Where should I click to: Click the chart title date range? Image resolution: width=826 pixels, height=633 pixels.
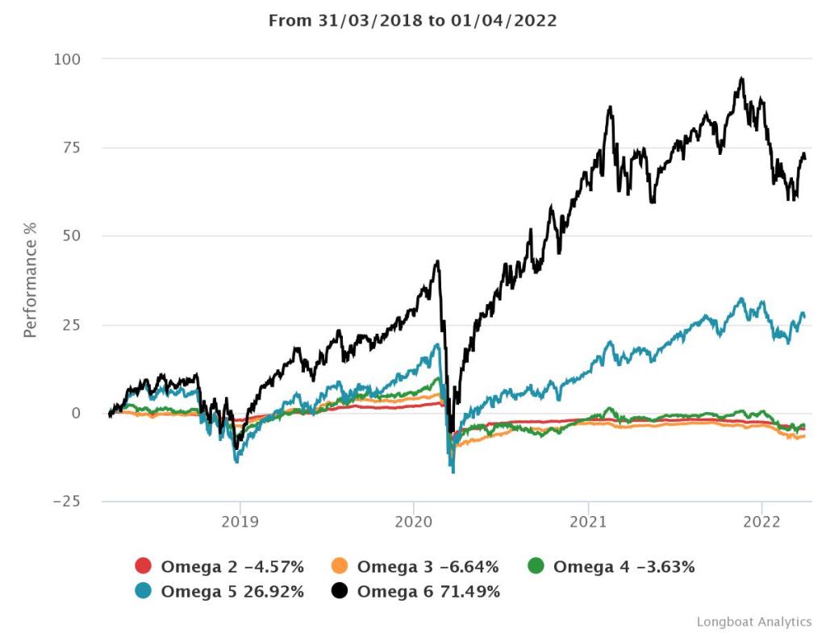click(x=412, y=20)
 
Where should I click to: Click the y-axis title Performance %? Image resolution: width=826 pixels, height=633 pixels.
click(x=30, y=279)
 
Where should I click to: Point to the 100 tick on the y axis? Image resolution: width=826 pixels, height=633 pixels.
click(x=69, y=60)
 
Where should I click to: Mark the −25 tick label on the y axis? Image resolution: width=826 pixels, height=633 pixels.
click(x=68, y=502)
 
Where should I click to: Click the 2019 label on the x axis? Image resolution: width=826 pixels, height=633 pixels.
click(x=240, y=522)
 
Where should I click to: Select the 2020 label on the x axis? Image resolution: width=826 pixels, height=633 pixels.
click(x=414, y=522)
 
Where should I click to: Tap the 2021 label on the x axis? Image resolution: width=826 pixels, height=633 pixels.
click(x=588, y=522)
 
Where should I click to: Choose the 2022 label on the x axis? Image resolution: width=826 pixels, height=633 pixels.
click(x=762, y=522)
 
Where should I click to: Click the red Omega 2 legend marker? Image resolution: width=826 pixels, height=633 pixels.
click(x=144, y=567)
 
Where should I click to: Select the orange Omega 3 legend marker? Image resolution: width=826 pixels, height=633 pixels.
click(x=340, y=567)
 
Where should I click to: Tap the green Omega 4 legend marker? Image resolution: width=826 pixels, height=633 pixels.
click(x=536, y=567)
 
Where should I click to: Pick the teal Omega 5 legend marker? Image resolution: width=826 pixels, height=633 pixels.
click(x=144, y=592)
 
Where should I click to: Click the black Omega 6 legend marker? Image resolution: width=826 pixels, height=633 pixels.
click(x=340, y=592)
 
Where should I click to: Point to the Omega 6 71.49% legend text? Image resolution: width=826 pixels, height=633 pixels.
click(x=428, y=592)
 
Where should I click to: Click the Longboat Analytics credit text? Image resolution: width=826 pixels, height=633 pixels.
click(x=753, y=622)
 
